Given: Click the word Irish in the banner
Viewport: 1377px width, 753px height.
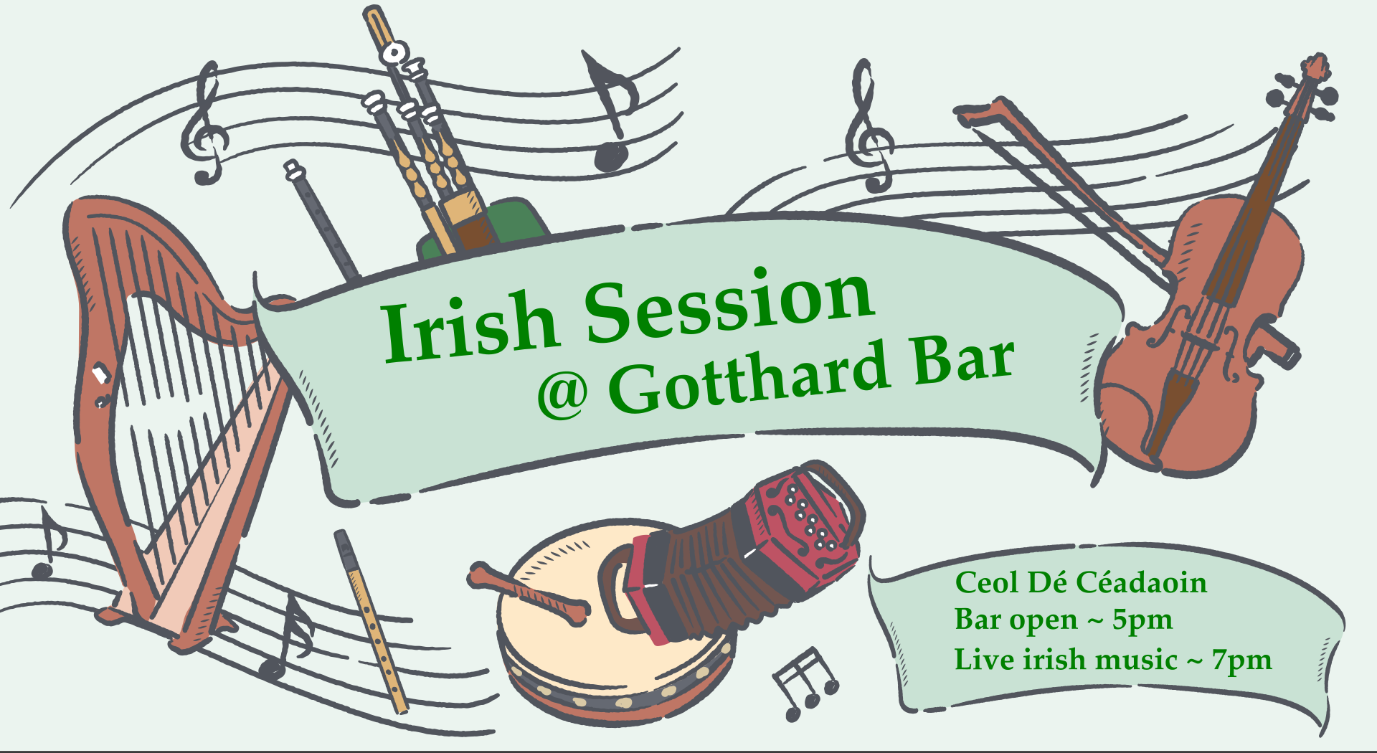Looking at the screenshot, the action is pos(470,327).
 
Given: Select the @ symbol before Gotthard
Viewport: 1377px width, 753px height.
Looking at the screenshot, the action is pos(563,394).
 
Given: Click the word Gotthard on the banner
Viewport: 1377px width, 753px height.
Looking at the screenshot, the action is pos(749,378).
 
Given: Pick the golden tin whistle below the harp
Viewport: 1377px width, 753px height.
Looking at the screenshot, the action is pos(371,621).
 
